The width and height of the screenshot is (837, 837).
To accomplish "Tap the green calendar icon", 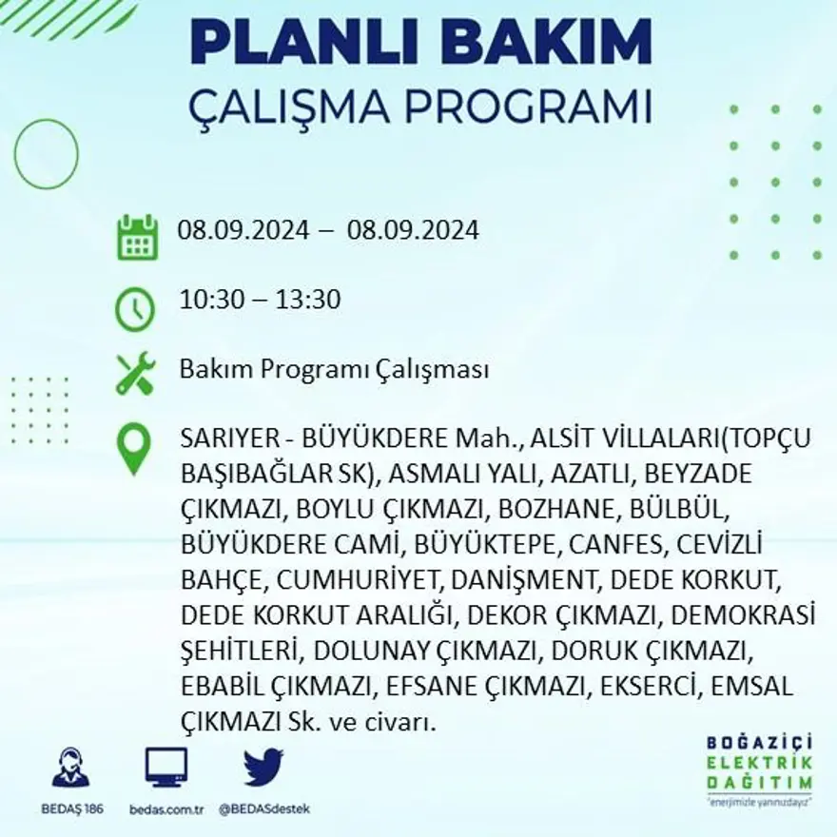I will (x=137, y=238).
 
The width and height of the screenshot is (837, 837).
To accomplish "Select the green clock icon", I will (x=135, y=309).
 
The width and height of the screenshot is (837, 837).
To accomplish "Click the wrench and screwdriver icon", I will (x=135, y=373).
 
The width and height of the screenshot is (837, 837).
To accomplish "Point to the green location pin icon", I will (x=134, y=448).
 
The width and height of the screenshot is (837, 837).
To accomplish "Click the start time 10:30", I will (x=207, y=300).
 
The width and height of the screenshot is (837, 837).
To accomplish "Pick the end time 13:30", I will (x=309, y=300).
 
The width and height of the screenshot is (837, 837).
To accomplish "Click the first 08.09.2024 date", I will (x=243, y=230).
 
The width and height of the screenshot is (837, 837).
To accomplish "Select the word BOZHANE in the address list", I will (x=549, y=509).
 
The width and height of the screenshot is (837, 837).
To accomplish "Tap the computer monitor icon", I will (x=165, y=767).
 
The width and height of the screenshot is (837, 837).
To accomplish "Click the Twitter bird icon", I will (x=263, y=767).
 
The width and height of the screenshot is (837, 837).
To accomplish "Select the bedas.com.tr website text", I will (x=165, y=809).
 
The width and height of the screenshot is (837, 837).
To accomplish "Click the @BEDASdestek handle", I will (x=263, y=809).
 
